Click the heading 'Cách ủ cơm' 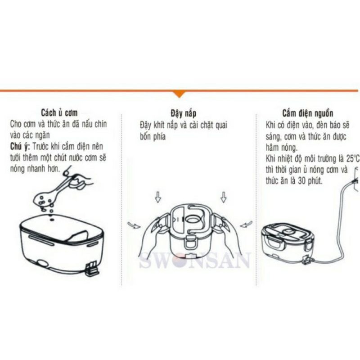tap(59, 113)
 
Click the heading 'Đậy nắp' tap(184, 113)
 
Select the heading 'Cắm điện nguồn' tap(308, 113)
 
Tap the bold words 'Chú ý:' tap(20, 147)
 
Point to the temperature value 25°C tap(352, 159)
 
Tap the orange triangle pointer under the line tap(179, 94)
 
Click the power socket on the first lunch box tap(92, 268)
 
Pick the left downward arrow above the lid tap(158, 197)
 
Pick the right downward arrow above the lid tap(223, 197)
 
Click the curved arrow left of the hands tap(134, 225)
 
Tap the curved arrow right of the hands tap(246, 224)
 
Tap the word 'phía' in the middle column tap(159, 137)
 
